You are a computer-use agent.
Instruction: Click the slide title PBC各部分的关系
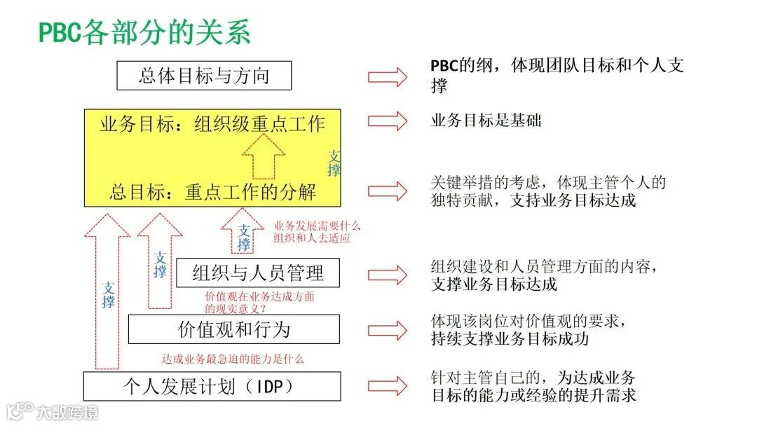click(x=144, y=33)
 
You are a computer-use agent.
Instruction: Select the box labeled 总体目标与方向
click(x=204, y=76)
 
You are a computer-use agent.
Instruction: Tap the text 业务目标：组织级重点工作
click(x=212, y=125)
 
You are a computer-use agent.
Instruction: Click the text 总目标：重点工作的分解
click(x=212, y=191)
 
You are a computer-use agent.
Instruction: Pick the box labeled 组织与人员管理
click(x=258, y=273)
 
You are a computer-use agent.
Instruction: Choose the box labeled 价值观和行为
click(x=234, y=329)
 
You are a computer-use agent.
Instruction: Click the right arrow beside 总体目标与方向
click(x=388, y=76)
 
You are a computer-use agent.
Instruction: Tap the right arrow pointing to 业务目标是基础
click(x=388, y=121)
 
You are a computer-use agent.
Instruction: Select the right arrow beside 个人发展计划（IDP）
click(x=388, y=385)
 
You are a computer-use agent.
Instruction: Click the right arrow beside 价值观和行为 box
click(x=388, y=329)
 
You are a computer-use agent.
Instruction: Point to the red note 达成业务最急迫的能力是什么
click(x=233, y=359)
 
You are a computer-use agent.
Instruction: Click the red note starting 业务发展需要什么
click(x=316, y=232)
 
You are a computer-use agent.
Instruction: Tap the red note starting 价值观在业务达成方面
click(x=259, y=302)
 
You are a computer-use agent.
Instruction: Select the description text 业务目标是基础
click(x=486, y=121)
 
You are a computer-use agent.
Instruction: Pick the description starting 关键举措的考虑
click(x=547, y=191)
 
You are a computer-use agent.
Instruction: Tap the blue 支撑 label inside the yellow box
click(x=335, y=163)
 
